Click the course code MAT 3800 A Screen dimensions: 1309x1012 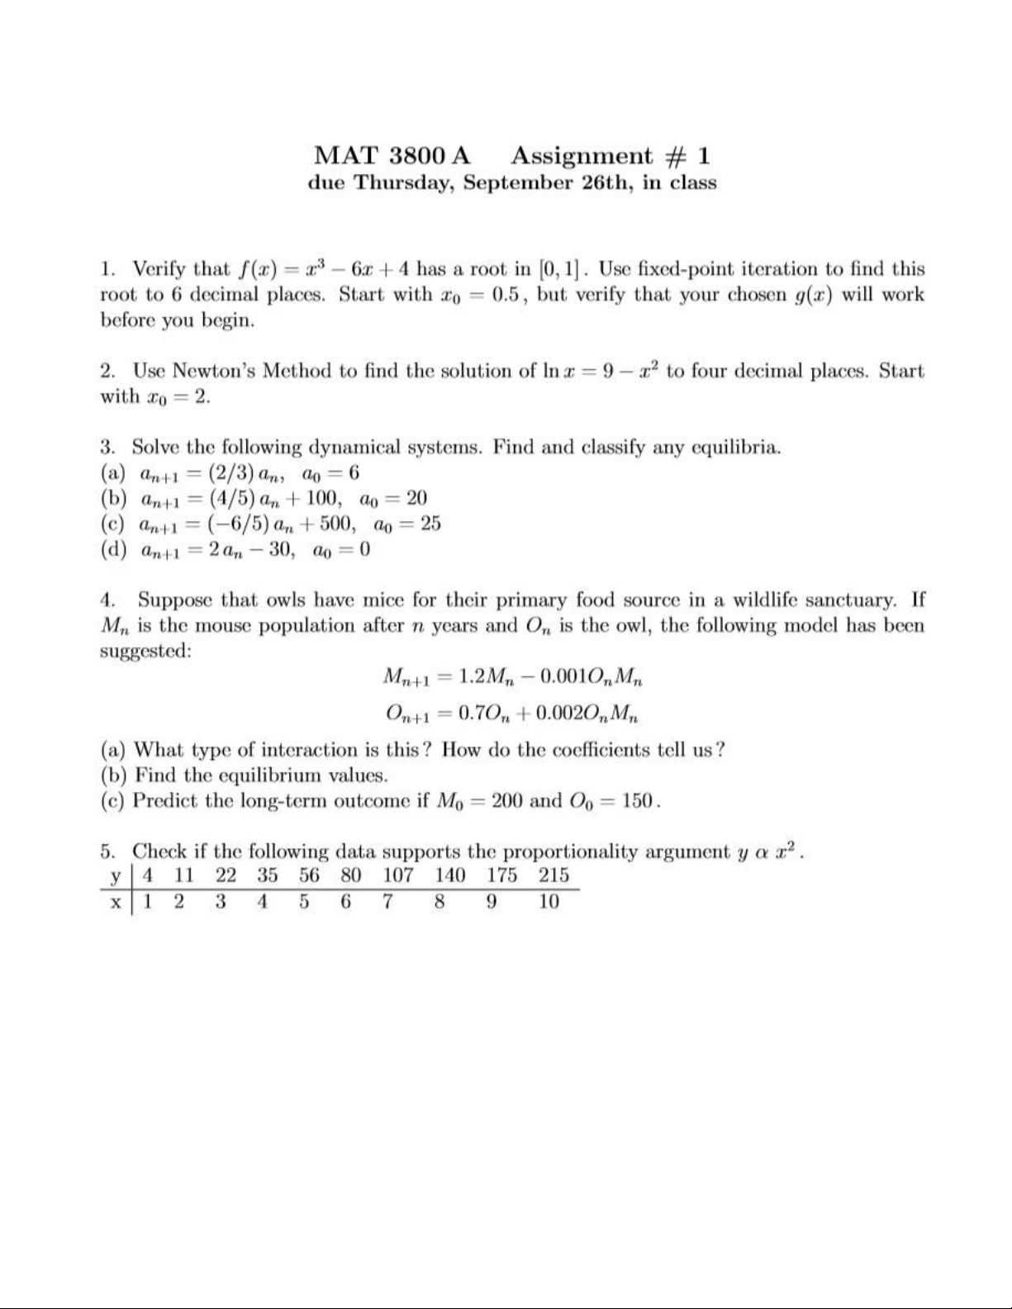(x=392, y=155)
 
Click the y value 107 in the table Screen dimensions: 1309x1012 (x=398, y=875)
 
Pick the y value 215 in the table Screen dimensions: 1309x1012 (x=554, y=875)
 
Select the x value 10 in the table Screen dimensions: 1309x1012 (x=549, y=902)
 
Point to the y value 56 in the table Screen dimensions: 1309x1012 (x=309, y=875)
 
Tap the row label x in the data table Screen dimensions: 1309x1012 (x=116, y=902)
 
